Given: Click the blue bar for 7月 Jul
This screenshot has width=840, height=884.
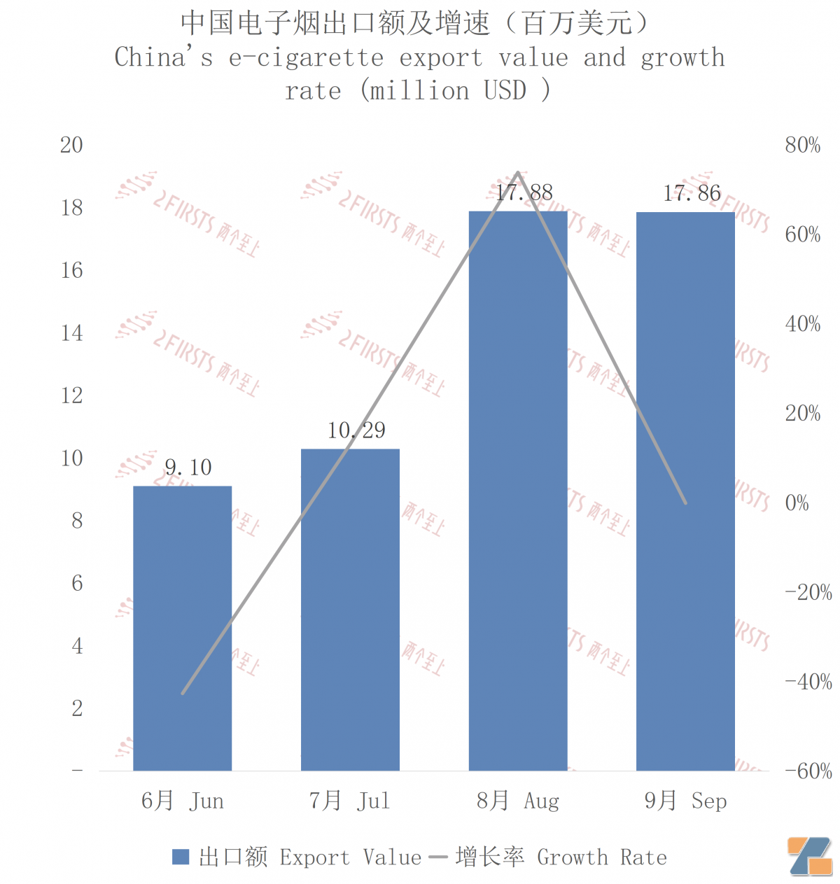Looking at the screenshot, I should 350,609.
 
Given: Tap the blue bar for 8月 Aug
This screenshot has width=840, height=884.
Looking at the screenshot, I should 518,490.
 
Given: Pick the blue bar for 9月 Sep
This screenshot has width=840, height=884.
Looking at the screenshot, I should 685,490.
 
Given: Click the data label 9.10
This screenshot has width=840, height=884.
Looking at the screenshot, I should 188,468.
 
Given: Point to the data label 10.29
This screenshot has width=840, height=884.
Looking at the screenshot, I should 356,430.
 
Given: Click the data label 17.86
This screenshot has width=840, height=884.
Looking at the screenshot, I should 692,193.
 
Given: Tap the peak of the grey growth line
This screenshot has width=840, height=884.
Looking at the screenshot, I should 517,172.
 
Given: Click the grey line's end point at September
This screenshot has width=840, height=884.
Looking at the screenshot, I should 685,503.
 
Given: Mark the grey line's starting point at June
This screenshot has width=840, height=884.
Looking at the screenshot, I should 183,693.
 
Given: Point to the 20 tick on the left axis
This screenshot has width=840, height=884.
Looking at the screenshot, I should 71,146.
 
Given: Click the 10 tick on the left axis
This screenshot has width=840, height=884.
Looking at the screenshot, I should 71,458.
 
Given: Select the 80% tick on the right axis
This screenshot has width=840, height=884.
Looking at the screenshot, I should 802,146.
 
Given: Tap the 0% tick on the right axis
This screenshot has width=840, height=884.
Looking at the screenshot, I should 797,503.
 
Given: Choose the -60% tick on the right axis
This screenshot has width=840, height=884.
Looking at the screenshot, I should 808,771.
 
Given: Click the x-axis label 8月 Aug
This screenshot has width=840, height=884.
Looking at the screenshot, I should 518,801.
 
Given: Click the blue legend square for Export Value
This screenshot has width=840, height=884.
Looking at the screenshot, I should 181,857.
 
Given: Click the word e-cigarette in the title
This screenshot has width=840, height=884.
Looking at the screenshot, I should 306,57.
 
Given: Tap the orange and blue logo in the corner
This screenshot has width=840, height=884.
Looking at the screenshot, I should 809,855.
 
